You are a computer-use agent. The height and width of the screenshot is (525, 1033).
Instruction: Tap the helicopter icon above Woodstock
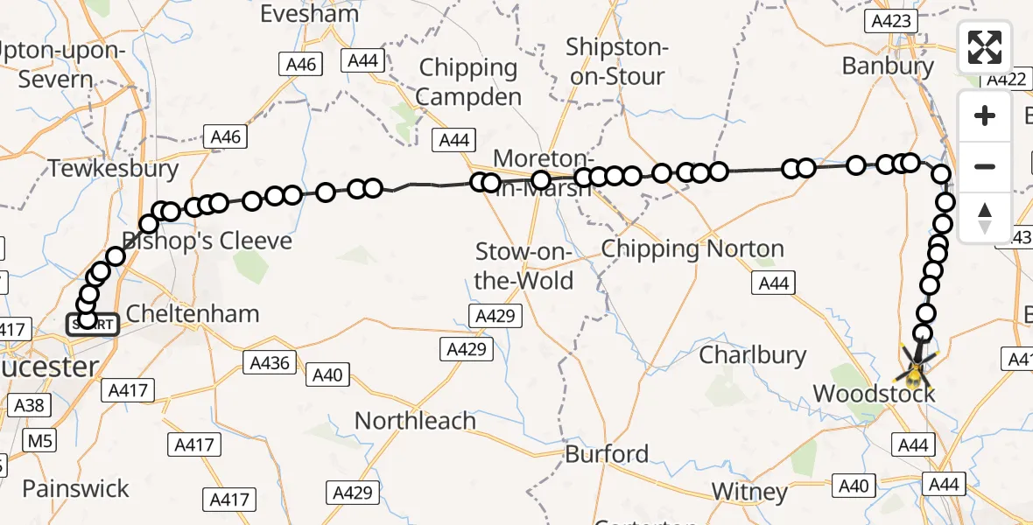tap(914, 372)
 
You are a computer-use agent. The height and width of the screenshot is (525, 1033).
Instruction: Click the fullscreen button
tap(985, 47)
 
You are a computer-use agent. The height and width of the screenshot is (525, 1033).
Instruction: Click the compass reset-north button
tap(985, 217)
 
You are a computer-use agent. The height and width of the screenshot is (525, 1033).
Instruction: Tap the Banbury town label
tap(887, 66)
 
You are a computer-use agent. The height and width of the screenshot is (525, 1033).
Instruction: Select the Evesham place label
tap(310, 13)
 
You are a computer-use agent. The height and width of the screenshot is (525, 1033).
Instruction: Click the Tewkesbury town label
tap(114, 168)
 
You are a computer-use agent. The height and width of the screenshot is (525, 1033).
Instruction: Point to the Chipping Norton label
tap(692, 249)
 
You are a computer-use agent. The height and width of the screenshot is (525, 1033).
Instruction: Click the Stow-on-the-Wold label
tap(524, 267)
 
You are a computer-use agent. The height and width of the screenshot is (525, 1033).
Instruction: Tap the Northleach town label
tap(415, 421)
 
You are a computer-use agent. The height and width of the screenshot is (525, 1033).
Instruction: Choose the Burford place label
tap(607, 454)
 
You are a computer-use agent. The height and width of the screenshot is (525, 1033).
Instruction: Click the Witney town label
tap(749, 491)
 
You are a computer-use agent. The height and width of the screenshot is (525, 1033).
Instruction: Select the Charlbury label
tap(753, 354)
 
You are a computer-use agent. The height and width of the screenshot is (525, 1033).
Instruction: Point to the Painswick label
tap(75, 488)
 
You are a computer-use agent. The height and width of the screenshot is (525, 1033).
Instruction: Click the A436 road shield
tap(270, 362)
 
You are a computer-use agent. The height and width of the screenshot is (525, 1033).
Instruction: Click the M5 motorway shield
tap(39, 440)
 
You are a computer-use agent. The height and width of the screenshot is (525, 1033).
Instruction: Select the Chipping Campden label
tap(468, 81)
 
